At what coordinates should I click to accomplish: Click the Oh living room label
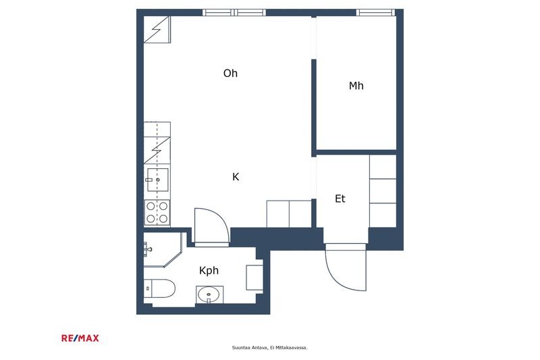click(x=230, y=73)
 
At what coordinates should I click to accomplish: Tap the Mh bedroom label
click(x=356, y=85)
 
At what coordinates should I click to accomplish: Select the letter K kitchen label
click(x=236, y=177)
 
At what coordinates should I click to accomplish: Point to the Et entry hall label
click(x=340, y=199)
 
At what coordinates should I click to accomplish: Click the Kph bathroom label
click(x=209, y=271)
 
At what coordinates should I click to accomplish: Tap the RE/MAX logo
click(x=80, y=338)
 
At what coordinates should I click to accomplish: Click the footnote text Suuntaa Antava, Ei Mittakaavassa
click(x=269, y=348)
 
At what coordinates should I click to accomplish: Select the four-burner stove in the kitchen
click(x=157, y=212)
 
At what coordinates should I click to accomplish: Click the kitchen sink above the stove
click(x=157, y=180)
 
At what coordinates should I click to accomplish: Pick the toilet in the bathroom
click(x=159, y=288)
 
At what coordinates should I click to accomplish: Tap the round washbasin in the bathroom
click(x=209, y=294)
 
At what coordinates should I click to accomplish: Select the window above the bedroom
click(x=375, y=13)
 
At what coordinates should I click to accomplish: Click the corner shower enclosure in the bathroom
click(x=163, y=249)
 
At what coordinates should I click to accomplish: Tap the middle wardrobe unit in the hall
click(x=383, y=191)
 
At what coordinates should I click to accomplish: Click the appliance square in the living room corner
click(x=157, y=30)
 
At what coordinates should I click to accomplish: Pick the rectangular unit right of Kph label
click(x=254, y=278)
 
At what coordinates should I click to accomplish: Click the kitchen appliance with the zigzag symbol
click(x=157, y=150)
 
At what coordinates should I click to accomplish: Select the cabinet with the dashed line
click(x=157, y=129)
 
